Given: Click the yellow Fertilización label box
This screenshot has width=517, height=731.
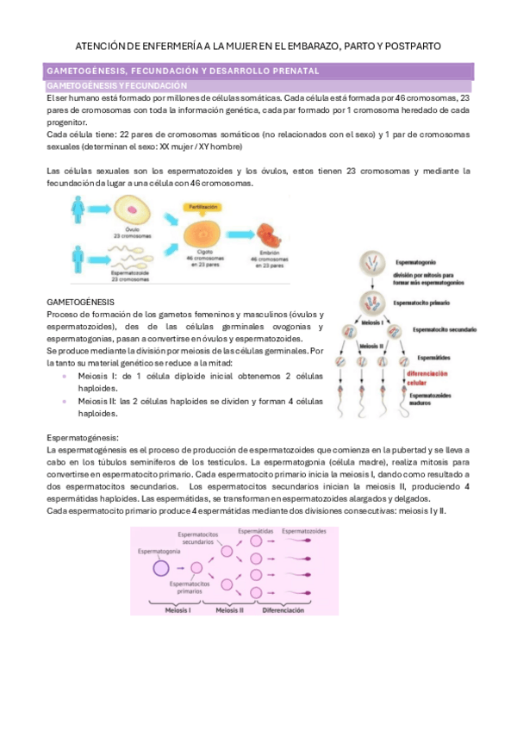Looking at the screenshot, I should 205,209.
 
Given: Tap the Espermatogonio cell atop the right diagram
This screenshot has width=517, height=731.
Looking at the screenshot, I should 368,262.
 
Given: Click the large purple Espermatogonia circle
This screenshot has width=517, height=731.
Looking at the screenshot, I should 160,567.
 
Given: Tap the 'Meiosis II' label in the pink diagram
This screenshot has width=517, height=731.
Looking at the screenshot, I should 230,609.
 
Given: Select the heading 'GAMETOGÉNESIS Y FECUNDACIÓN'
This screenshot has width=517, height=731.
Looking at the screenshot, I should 116,86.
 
